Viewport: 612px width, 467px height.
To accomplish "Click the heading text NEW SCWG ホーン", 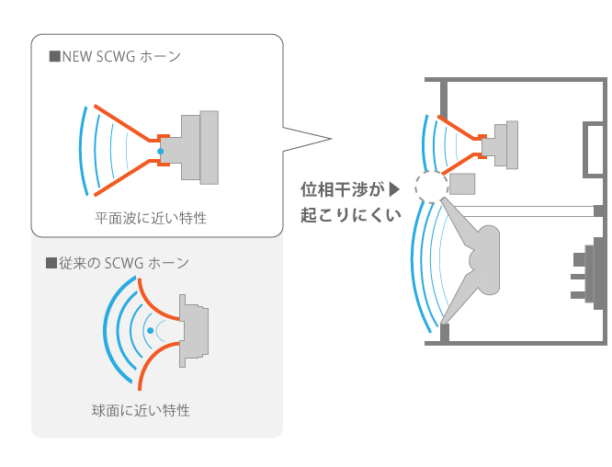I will coord(120,56).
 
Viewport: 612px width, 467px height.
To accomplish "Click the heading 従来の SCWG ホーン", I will coord(123,264).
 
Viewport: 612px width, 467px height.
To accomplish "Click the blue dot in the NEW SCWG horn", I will coord(160,151).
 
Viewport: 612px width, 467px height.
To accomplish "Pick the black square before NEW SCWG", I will coord(54,57).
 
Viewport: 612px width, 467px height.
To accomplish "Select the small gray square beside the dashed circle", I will coord(463,184).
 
